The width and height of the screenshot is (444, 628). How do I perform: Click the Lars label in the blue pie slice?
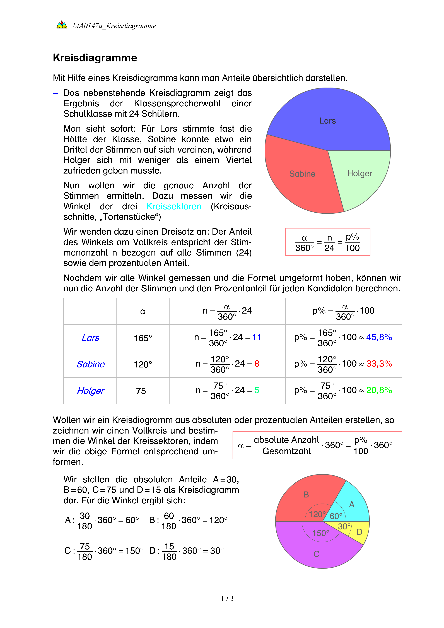coord(327,121)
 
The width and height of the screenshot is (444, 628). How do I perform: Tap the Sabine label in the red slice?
coord(302,174)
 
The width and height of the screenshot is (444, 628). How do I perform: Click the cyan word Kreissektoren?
coord(174,206)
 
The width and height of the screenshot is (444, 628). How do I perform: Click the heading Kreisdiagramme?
coord(95,58)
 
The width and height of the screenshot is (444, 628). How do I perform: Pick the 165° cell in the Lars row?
coord(143,338)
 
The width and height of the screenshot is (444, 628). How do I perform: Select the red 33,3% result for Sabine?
coord(379,364)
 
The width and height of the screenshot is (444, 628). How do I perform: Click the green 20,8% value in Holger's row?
coord(379,390)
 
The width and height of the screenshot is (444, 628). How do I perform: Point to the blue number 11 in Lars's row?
coord(256,337)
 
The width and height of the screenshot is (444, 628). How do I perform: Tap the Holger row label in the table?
coord(90,391)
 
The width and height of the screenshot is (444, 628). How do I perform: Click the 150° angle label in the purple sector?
coord(321,533)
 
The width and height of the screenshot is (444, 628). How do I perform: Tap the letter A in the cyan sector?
coord(352,504)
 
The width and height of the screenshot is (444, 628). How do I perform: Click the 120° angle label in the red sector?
coord(317,514)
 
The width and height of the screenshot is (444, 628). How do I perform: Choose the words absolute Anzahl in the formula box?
coord(286,440)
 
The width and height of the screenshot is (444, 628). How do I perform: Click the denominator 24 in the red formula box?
coord(329,248)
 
